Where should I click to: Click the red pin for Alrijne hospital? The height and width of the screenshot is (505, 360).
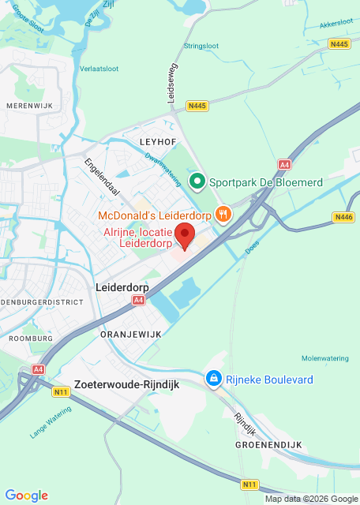click(x=184, y=235)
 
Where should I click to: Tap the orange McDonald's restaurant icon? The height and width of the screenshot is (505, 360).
click(x=223, y=214)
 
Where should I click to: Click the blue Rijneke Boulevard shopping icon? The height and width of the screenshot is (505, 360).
click(x=212, y=380)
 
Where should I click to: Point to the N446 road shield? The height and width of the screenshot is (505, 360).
click(x=343, y=217)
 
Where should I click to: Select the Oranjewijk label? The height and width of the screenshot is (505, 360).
click(x=130, y=335)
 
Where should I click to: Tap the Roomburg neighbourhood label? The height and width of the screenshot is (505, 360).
click(x=31, y=338)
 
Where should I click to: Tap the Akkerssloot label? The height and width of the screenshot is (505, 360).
click(x=336, y=24)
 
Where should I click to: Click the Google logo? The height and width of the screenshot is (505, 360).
click(x=26, y=496)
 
